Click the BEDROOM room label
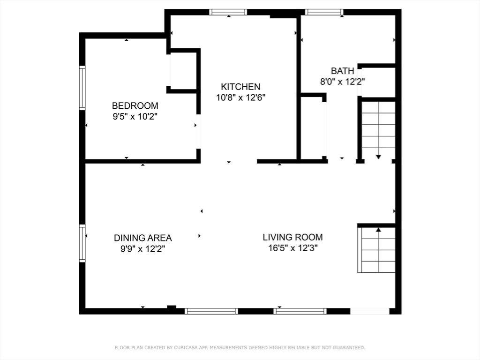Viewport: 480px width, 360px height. click(x=135, y=105)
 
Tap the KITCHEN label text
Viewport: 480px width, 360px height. click(x=240, y=87)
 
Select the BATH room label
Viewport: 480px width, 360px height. click(x=343, y=71)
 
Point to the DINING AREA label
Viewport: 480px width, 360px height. click(x=142, y=238)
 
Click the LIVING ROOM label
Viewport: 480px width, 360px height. click(x=292, y=237)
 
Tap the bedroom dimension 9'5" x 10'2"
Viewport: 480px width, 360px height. click(x=135, y=117)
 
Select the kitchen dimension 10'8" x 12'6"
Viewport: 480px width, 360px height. click(x=240, y=97)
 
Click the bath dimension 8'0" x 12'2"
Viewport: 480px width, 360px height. click(x=343, y=82)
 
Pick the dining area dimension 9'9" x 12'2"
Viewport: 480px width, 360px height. click(x=142, y=249)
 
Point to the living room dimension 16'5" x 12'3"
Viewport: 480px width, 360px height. click(x=292, y=248)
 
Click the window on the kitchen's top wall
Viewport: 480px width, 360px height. click(x=228, y=12)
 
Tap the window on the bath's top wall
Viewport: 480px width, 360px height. click(x=324, y=12)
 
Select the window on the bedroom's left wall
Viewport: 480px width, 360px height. click(x=82, y=88)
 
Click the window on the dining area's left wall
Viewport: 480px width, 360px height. click(x=82, y=243)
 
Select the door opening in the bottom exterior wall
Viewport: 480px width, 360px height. click(x=370, y=311)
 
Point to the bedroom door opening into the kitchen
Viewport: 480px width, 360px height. click(x=198, y=132)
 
